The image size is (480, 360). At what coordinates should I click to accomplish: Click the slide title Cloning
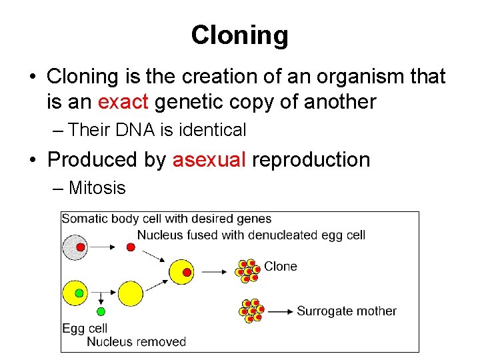(x=239, y=35)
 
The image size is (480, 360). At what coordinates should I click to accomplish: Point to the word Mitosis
(x=97, y=188)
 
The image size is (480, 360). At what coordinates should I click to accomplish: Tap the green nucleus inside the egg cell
(x=79, y=293)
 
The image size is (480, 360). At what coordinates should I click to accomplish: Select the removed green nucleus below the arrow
(x=101, y=311)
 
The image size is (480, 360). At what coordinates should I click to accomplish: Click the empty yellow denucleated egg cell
(x=131, y=294)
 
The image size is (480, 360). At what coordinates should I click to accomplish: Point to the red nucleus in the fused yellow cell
(x=187, y=272)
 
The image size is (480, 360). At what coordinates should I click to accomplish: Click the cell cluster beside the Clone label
(x=247, y=271)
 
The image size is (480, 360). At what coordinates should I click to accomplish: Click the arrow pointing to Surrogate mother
(x=281, y=311)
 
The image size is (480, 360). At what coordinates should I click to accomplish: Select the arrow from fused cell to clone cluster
(x=215, y=271)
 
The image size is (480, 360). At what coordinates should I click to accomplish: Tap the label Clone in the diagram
(x=280, y=267)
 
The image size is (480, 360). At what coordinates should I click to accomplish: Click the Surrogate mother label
(x=346, y=311)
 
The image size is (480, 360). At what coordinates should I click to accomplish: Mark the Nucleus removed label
(x=136, y=342)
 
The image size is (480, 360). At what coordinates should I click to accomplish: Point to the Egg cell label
(x=85, y=329)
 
